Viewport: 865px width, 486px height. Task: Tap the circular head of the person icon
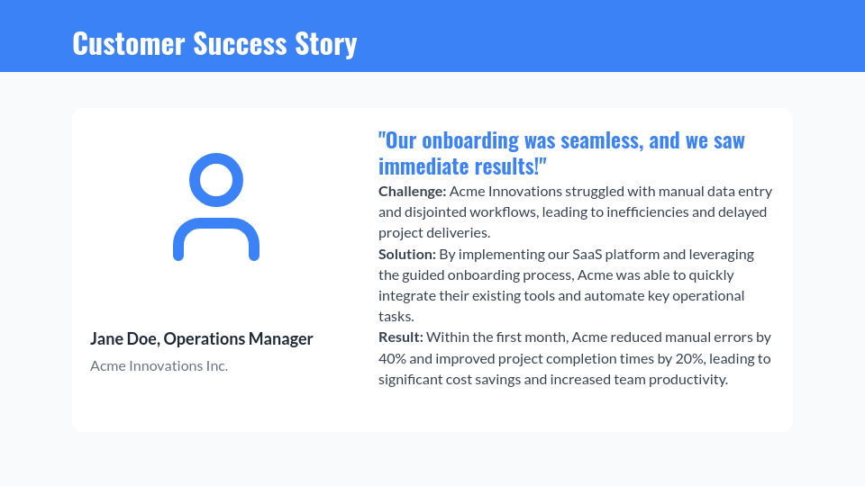[216, 180]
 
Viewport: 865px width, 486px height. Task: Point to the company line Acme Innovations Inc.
[159, 365]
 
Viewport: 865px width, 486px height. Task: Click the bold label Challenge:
[412, 192]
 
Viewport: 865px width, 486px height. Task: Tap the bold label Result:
[401, 337]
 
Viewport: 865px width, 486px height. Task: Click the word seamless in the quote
[602, 140]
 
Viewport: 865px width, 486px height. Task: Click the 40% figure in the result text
[393, 358]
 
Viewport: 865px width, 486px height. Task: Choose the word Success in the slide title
[241, 43]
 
